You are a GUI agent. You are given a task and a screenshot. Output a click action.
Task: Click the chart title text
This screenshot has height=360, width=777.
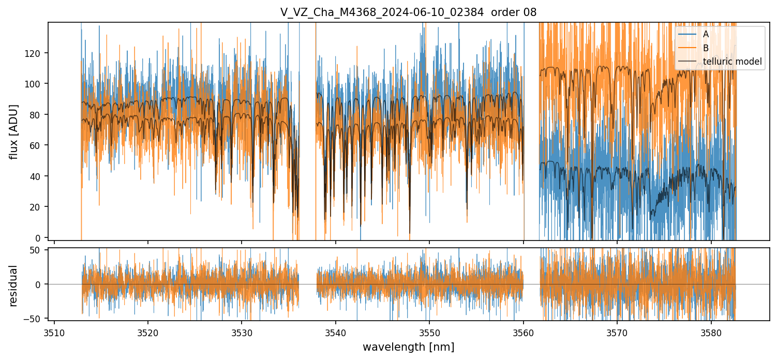point(408,12)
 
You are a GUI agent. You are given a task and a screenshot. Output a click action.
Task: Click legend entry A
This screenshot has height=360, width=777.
point(706,35)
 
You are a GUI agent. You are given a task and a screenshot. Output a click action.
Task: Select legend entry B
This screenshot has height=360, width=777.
point(706,48)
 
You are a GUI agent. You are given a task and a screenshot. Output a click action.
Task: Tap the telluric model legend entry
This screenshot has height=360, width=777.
point(732,62)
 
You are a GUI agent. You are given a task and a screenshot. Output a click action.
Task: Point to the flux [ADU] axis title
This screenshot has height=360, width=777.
point(14,131)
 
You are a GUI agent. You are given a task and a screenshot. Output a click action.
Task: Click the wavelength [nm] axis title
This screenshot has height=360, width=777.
point(408,347)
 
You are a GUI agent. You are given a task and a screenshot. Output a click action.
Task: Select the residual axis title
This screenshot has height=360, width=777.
point(14,286)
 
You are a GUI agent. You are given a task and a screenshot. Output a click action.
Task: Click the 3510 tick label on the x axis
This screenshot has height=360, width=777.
point(54,332)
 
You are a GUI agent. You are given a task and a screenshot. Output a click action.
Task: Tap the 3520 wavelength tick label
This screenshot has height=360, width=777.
point(148,332)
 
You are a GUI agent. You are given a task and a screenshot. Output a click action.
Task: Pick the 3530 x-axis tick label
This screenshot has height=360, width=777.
point(242,332)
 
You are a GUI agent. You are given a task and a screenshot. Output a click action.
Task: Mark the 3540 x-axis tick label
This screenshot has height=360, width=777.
point(336,332)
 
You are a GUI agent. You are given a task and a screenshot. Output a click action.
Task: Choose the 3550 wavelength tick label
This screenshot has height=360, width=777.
point(430,332)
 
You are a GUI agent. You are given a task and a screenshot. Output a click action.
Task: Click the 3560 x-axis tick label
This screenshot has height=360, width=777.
point(524,332)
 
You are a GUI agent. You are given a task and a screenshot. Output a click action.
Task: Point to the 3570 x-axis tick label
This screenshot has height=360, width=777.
point(618,332)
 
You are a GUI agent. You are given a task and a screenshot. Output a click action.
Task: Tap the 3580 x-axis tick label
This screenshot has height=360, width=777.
point(711,332)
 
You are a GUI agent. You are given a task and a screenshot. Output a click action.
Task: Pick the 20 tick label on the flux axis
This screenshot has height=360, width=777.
point(38,207)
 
